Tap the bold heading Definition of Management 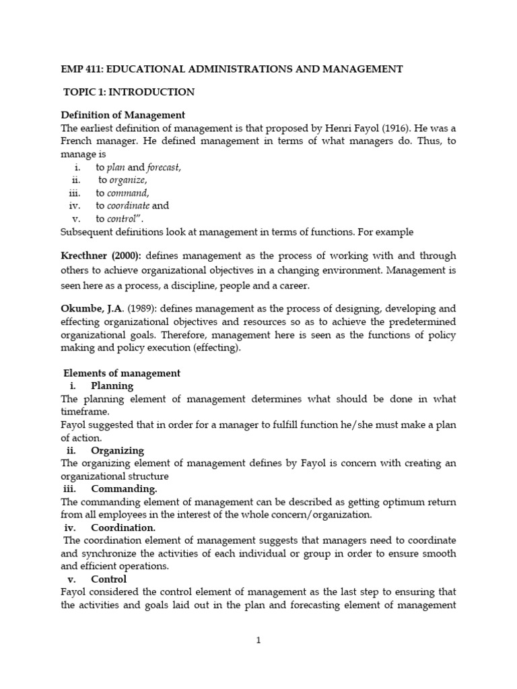click(x=123, y=115)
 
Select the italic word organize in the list click(x=128, y=180)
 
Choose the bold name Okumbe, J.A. click(x=92, y=309)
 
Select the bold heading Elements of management click(x=121, y=373)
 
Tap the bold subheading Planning click(x=112, y=386)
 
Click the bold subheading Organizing click(x=117, y=450)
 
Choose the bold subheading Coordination click(x=123, y=528)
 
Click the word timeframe click(x=83, y=412)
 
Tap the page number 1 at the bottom click(x=258, y=641)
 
